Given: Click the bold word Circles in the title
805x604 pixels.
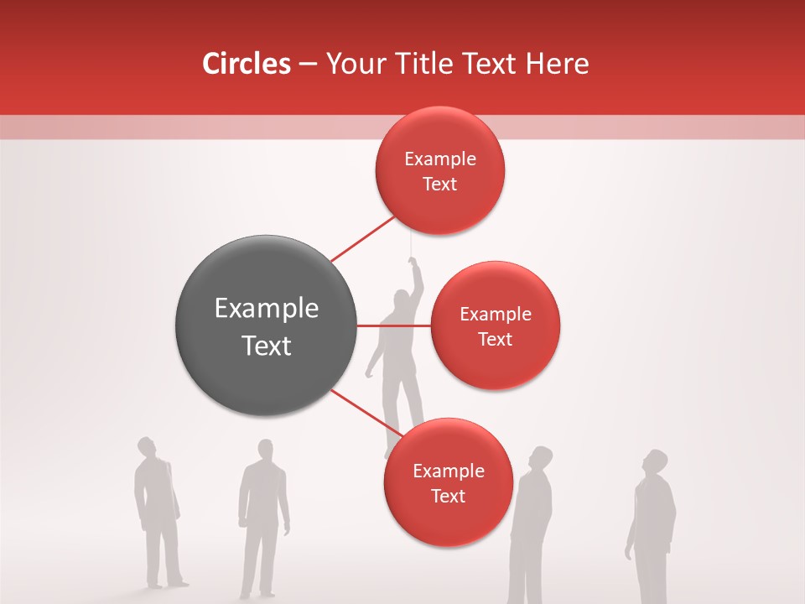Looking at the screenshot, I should coord(246,64).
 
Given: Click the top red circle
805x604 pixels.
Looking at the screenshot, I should coord(439,170).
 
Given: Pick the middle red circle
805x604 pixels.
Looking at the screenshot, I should coord(495,325).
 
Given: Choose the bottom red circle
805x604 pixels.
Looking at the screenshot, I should coord(448,482).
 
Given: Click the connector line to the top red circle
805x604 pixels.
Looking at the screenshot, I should coord(362,238).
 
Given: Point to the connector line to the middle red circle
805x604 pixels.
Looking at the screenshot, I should coord(394,325).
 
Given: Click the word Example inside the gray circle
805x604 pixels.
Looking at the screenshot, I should coord(267,309).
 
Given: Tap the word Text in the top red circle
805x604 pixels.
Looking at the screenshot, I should coord(439,184).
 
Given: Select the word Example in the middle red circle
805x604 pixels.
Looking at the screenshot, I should coord(495,314).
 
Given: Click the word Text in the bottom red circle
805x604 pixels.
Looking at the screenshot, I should coord(448,496).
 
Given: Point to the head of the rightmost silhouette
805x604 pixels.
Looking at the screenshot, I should coord(655,461).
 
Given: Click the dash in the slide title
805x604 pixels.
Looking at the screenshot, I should coord(308,65).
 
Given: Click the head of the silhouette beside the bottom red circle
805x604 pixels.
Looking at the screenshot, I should coord(542,457).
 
